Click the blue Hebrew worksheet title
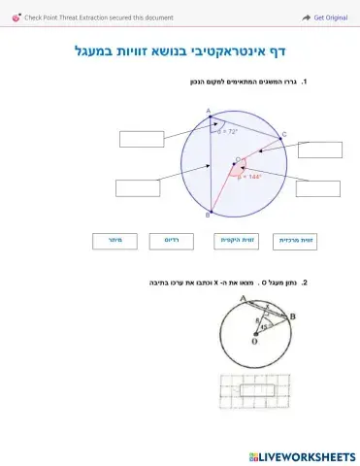click(x=183, y=50)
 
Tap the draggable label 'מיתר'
click(x=114, y=239)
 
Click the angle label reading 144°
click(x=250, y=177)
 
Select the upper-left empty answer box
click(x=142, y=139)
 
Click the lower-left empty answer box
click(x=137, y=187)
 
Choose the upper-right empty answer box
click(x=319, y=150)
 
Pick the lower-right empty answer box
click(x=318, y=187)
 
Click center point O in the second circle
click(x=255, y=337)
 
